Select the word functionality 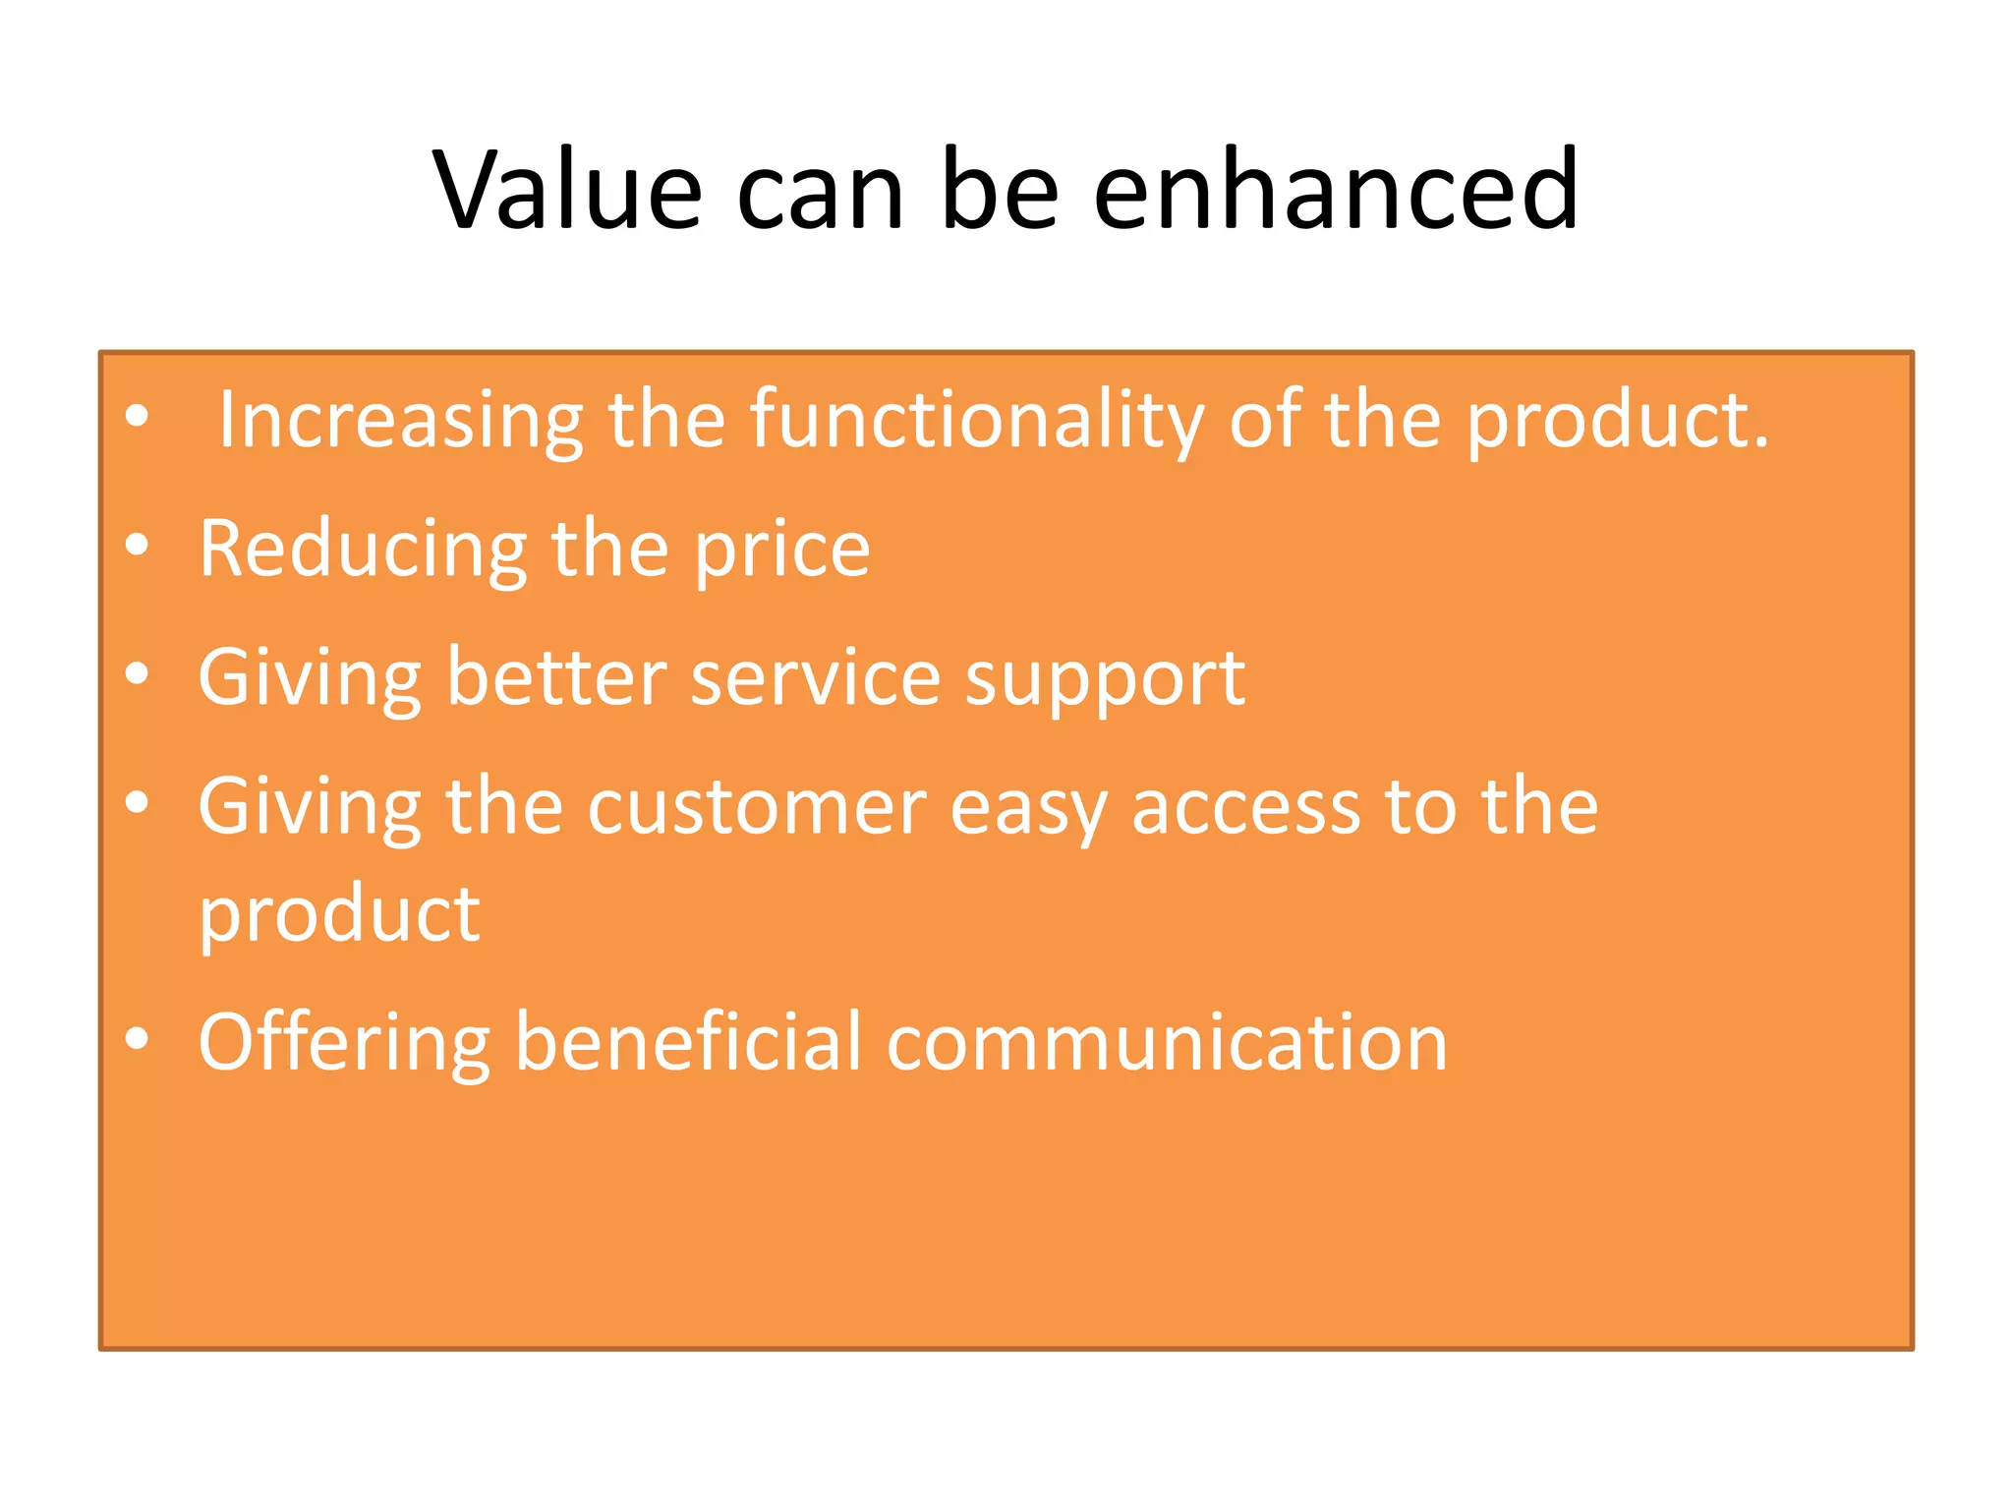(x=977, y=421)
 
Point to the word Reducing (x=363, y=550)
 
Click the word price (x=782, y=550)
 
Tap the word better (x=556, y=677)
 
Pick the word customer (x=757, y=807)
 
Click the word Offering (x=344, y=1042)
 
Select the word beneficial (x=688, y=1042)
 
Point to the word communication (x=1167, y=1042)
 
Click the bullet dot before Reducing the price (x=137, y=545)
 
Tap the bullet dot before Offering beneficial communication (x=137, y=1038)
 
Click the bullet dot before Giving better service (x=137, y=673)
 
